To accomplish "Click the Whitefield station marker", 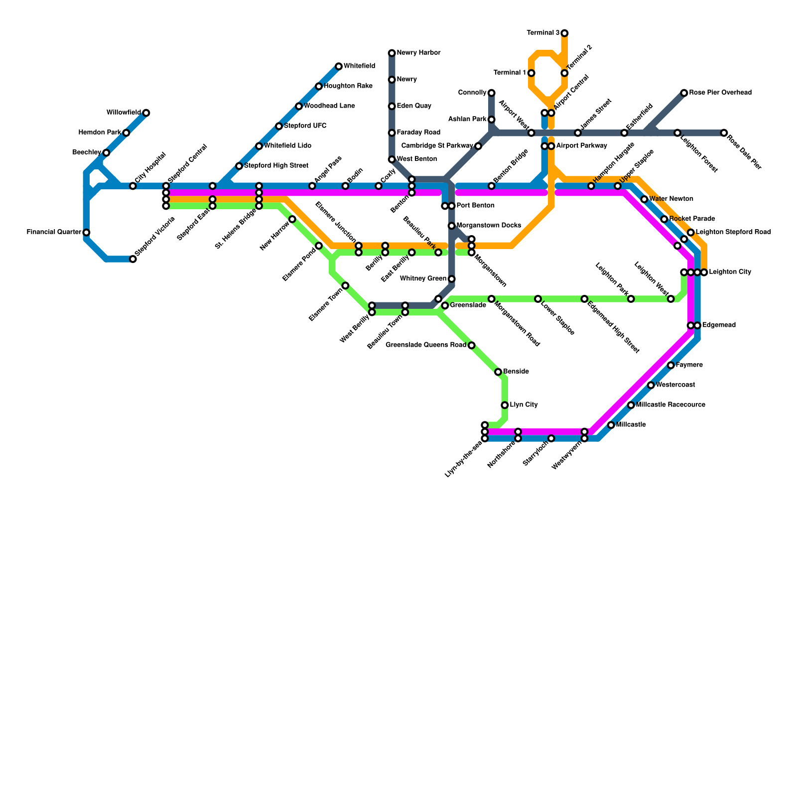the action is [339, 66].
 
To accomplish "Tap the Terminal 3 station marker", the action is [564, 33].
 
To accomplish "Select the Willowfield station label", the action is [124, 113].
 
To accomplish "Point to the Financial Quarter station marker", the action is [86, 233].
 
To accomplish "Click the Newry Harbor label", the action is [418, 53].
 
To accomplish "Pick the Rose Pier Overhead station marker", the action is [684, 93].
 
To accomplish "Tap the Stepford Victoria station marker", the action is [133, 259].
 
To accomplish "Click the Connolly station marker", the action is [492, 93].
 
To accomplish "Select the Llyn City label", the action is [524, 405].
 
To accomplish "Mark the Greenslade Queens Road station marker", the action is [472, 345].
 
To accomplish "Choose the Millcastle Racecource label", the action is [670, 405].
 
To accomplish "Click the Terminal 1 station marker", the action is [531, 73].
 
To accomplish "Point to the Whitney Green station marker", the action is [451, 279].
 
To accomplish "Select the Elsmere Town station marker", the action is [346, 285].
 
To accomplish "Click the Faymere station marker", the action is [671, 366].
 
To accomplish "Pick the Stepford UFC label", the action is [305, 126].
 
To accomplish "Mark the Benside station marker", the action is [498, 372].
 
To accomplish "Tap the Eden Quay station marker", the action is [392, 106].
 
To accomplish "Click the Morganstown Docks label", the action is [489, 226].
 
